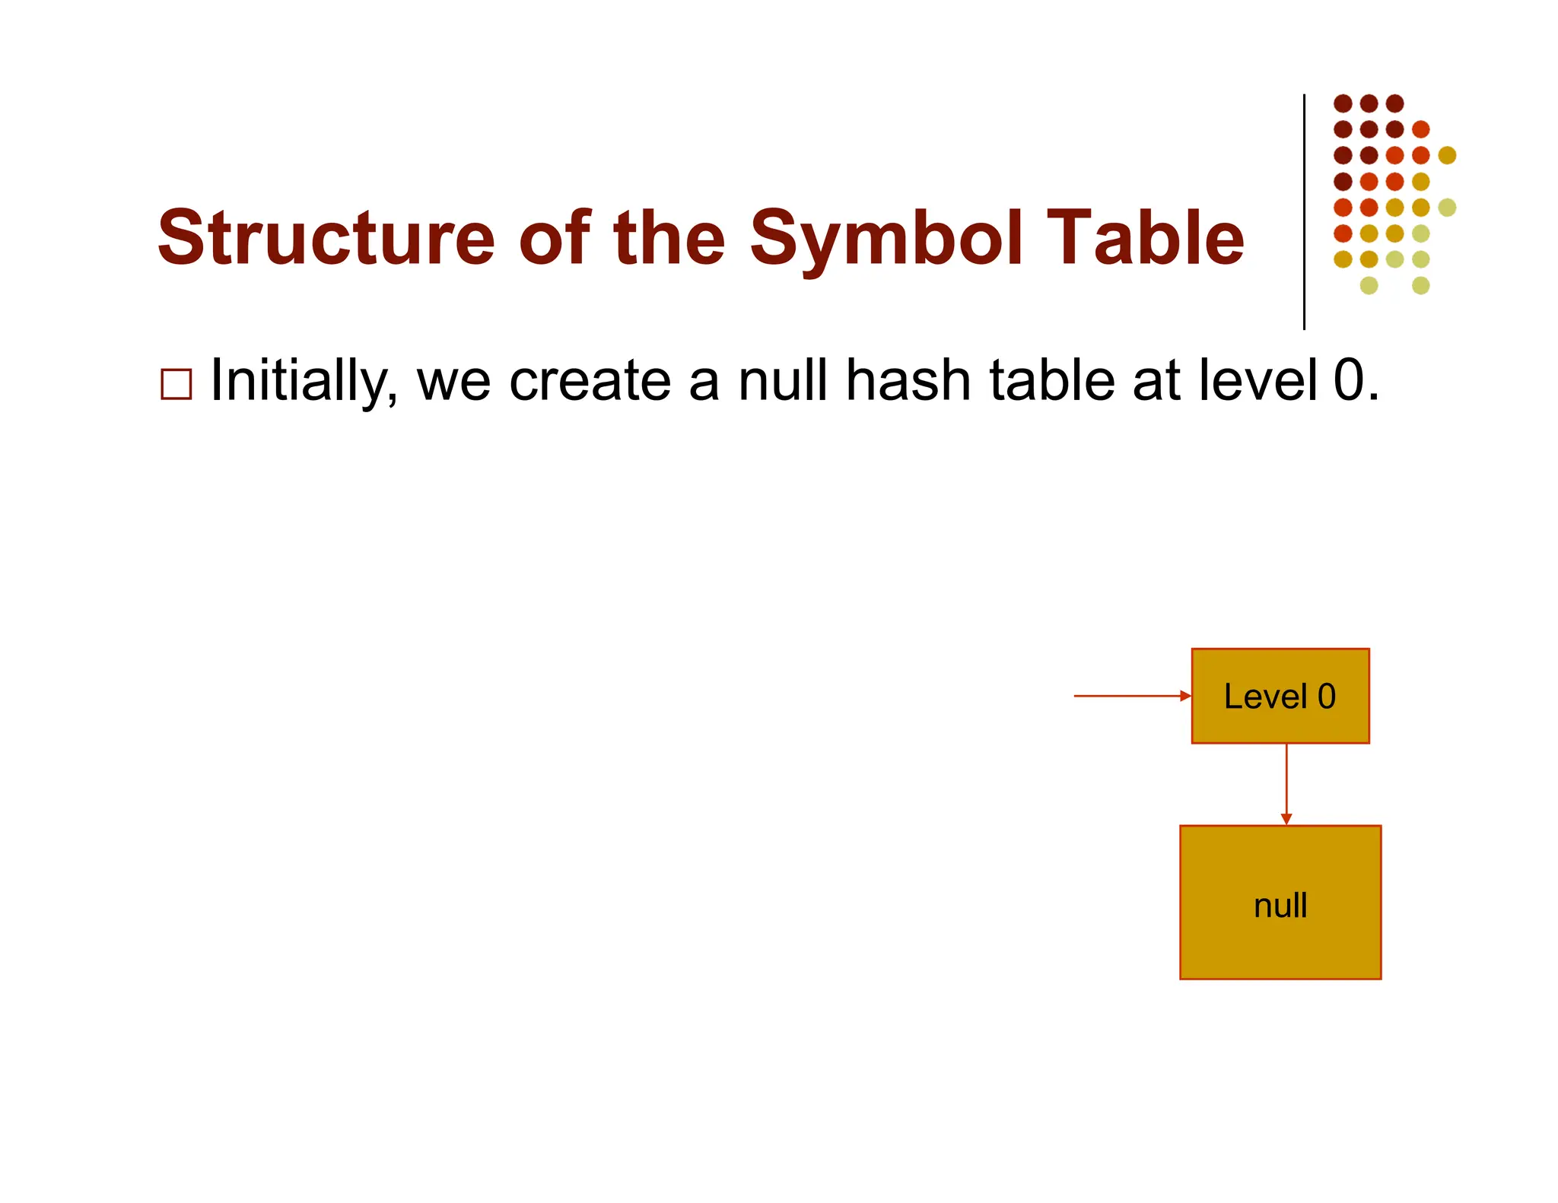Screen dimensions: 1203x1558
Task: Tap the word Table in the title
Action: pyautogui.click(x=1145, y=238)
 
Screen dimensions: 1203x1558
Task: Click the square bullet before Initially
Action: pyautogui.click(x=176, y=385)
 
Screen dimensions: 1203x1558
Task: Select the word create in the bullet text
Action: pyautogui.click(x=590, y=380)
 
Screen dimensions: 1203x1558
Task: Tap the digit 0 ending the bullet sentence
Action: pyautogui.click(x=1350, y=380)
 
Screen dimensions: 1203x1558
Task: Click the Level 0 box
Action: pyautogui.click(x=1280, y=696)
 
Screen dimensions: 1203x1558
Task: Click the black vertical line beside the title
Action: pyautogui.click(x=1304, y=213)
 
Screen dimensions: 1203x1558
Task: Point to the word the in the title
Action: pyautogui.click(x=669, y=238)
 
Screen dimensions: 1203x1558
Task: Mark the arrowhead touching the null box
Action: pyautogui.click(x=1286, y=820)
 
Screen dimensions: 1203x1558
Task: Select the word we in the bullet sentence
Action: pyautogui.click(x=453, y=380)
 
